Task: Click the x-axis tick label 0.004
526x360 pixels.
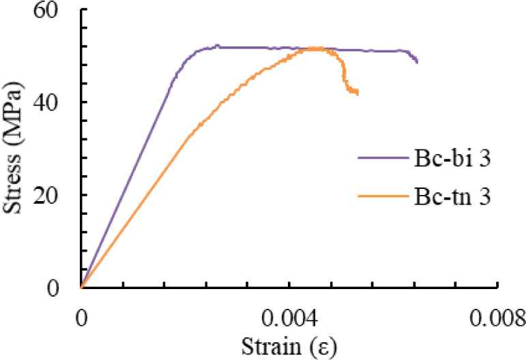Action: click(x=289, y=318)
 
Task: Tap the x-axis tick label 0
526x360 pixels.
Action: click(x=81, y=318)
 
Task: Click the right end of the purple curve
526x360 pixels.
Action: click(x=417, y=62)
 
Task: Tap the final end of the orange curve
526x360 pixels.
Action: click(x=357, y=93)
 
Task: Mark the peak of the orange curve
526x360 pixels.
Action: click(x=315, y=48)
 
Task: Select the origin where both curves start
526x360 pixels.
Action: click(x=81, y=287)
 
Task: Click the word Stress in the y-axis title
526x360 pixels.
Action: click(x=16, y=181)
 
